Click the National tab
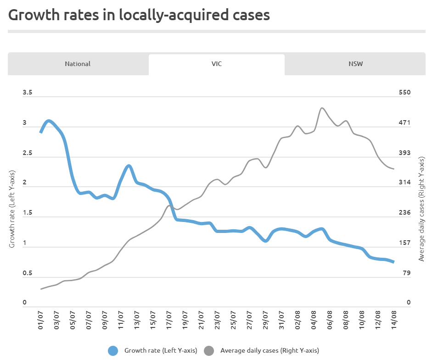[78, 64]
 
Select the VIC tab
[216, 64]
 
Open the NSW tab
[355, 64]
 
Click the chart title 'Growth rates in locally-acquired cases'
[139, 15]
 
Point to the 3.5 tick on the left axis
[28, 93]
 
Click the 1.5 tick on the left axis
[28, 213]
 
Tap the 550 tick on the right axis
[404, 93]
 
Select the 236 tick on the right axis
[404, 213]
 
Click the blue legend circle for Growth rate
[113, 351]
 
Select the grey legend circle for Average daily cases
[209, 351]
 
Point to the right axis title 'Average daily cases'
[421, 209]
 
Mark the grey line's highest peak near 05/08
[322, 108]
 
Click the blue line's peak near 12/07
[129, 166]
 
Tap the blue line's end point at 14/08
[393, 262]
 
